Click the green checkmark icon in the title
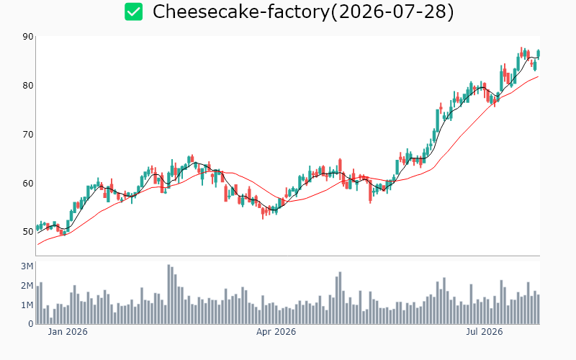(133, 12)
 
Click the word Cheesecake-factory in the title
(241, 12)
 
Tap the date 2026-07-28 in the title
(392, 12)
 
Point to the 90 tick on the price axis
(28, 37)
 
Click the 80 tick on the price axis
(28, 86)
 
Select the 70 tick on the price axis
(28, 135)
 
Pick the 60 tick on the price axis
(28, 184)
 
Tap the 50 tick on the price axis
(28, 232)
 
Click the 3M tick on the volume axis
(27, 266)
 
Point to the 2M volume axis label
(27, 286)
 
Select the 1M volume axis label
(27, 305)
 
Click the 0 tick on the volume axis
(31, 324)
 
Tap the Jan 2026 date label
(68, 332)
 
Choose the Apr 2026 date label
(276, 332)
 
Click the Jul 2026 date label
(484, 332)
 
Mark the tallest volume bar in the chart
(168, 294)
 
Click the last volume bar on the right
(539, 310)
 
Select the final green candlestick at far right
(539, 54)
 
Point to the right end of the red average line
(538, 76)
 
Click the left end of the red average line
(38, 245)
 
